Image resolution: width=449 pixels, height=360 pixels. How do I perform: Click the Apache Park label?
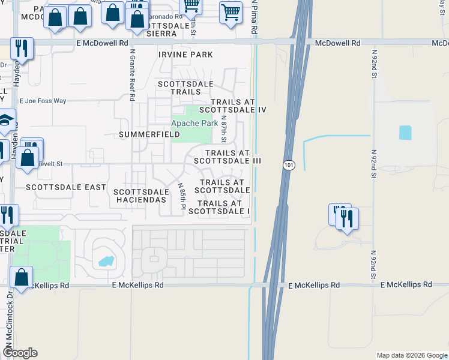tap(194, 123)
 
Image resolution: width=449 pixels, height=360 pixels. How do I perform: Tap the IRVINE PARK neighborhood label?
tap(185, 55)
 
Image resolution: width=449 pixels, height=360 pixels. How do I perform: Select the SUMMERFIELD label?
tap(149, 134)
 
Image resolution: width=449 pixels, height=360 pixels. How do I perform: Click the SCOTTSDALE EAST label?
tap(66, 187)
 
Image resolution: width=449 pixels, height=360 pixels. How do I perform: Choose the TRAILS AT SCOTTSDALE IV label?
tap(232, 106)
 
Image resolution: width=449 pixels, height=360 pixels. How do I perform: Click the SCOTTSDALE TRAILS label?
tap(179, 88)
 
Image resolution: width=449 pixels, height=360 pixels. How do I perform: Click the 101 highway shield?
tap(289, 164)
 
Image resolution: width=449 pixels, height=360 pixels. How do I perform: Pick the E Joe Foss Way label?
tap(43, 101)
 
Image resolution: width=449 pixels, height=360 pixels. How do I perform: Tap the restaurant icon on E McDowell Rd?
tap(22, 48)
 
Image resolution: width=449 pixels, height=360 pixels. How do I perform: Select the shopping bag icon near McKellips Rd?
tap(22, 278)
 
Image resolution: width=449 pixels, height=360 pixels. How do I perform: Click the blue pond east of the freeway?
tap(406, 133)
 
